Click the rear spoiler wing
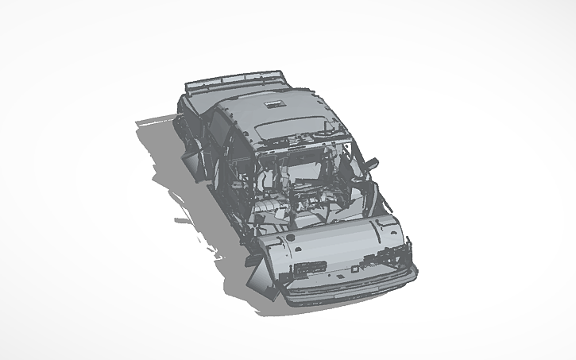(235, 80)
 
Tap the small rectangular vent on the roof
(277, 103)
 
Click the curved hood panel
(334, 238)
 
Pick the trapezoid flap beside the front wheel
(261, 280)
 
